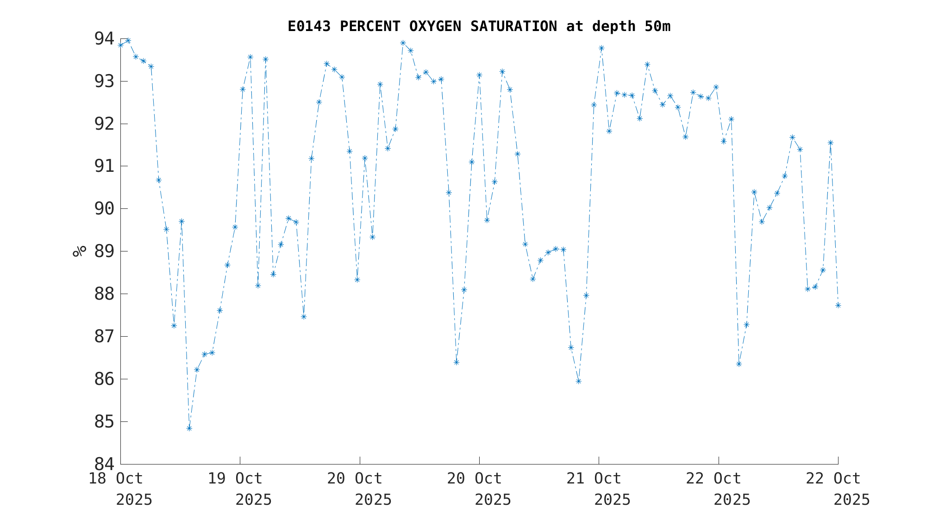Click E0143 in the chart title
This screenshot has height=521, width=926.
[x=309, y=26]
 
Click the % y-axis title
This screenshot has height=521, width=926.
[x=80, y=251]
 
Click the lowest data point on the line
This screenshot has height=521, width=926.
[x=189, y=428]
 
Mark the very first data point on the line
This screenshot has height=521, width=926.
[x=120, y=45]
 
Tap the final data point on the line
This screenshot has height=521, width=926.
[x=838, y=305]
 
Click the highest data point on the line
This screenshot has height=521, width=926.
[x=128, y=41]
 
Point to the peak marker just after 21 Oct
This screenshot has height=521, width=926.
[x=601, y=48]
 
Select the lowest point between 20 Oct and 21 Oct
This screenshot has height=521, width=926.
[x=578, y=381]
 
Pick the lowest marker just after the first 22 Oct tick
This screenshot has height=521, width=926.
[x=739, y=364]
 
